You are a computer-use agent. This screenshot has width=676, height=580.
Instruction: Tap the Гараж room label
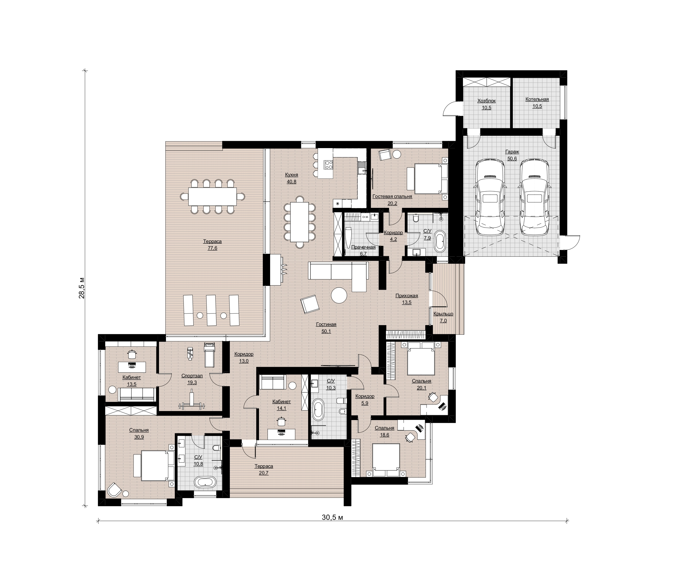point(512,152)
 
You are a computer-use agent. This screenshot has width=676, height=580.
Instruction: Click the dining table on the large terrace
point(212,196)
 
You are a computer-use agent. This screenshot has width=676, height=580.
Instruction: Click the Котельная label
point(537,100)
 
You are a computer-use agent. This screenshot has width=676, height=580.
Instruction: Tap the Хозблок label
point(487,101)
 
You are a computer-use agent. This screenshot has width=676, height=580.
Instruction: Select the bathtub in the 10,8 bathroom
point(205,482)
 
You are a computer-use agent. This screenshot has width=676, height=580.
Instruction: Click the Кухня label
point(291,175)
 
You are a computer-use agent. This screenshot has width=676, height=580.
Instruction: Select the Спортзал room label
point(192,376)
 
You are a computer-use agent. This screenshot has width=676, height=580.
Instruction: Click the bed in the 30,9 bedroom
point(155,465)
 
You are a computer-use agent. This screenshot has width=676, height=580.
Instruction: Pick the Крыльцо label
point(443,314)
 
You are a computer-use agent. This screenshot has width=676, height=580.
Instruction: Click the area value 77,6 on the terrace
point(212,248)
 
